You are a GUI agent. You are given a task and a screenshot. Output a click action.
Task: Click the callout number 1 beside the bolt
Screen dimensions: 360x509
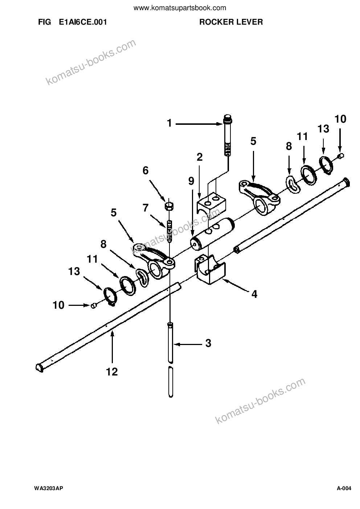pyautogui.click(x=169, y=123)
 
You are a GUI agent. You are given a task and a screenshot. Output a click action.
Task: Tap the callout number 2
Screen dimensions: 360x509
pyautogui.click(x=200, y=157)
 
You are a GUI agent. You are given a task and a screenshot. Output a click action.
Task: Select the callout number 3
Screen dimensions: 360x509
pyautogui.click(x=208, y=343)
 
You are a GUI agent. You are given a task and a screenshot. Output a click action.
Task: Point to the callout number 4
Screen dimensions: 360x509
pyautogui.click(x=254, y=294)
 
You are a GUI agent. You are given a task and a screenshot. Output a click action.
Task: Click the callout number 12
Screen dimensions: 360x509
pyautogui.click(x=112, y=372)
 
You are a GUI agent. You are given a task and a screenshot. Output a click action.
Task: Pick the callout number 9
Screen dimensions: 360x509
pyautogui.click(x=191, y=181)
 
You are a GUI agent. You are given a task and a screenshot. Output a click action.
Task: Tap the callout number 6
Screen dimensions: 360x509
pyautogui.click(x=146, y=171)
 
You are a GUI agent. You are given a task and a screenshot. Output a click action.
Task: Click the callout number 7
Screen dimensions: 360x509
pyautogui.click(x=146, y=208)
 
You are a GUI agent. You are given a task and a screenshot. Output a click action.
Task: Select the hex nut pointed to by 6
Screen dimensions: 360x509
pyautogui.click(x=169, y=206)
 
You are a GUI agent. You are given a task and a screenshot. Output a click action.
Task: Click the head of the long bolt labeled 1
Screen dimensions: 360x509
pyautogui.click(x=228, y=119)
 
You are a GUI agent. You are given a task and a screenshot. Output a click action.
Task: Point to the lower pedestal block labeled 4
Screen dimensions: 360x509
pyautogui.click(x=210, y=270)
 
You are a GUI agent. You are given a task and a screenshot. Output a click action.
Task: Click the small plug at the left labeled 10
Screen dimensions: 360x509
pyautogui.click(x=93, y=306)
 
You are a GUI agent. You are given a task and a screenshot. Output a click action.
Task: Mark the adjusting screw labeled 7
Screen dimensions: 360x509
pyautogui.click(x=169, y=230)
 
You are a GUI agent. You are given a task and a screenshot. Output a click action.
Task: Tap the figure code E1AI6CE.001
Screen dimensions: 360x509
pyautogui.click(x=83, y=22)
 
